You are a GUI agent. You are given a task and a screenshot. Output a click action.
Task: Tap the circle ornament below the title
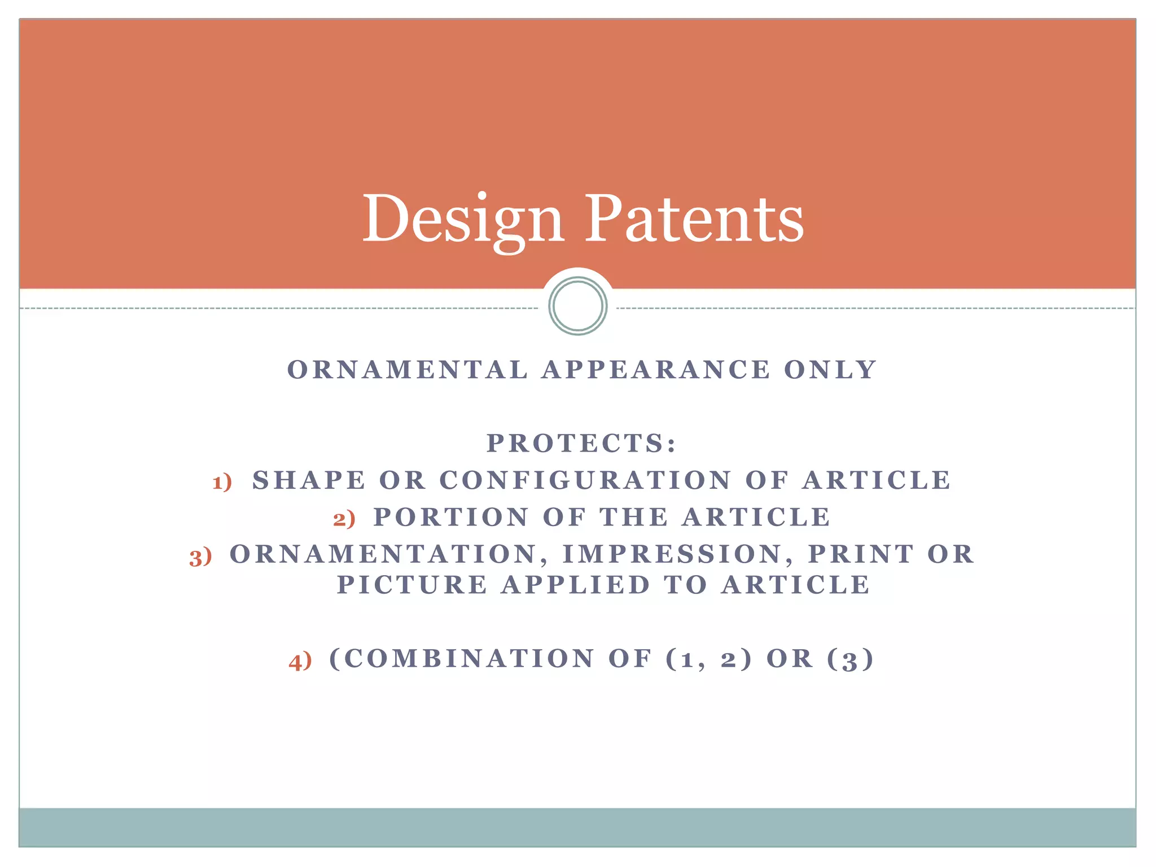577,306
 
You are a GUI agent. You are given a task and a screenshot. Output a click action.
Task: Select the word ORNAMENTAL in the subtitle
408,370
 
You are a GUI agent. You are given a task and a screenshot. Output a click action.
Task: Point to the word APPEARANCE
656,370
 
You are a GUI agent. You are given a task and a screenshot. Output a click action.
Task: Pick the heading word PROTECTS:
581,444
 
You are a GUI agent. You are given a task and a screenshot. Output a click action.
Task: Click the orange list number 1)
222,482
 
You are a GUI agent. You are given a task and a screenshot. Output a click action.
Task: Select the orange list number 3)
200,557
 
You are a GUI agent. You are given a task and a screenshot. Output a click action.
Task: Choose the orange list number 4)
300,661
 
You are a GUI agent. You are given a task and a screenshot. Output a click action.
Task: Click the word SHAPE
309,481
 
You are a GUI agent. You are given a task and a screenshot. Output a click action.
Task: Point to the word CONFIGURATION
585,481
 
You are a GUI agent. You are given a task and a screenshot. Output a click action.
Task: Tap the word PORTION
452,518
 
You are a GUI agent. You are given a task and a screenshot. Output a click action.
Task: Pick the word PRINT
861,555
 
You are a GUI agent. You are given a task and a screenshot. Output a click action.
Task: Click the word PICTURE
412,585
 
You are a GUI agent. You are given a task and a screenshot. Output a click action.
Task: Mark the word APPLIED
576,585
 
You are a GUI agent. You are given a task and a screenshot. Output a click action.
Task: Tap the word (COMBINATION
462,659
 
